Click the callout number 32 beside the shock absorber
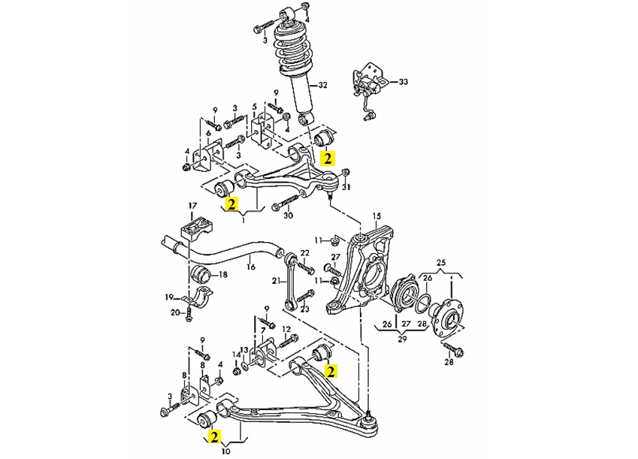coord(322,85)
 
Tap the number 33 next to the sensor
coord(403,82)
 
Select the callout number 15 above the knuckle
coord(376,216)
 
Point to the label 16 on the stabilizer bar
coord(251,267)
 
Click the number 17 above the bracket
coord(192,206)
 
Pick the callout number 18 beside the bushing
coord(223,275)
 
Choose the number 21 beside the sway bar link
coord(277,280)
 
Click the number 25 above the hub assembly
coord(441,261)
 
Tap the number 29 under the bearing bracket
coord(402,339)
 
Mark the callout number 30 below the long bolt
coord(288,216)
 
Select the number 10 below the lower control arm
coord(226,451)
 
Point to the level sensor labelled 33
coord(368,87)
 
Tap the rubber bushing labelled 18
coord(201,275)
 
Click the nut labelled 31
coord(345,172)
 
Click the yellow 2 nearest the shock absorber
coord(328,158)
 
